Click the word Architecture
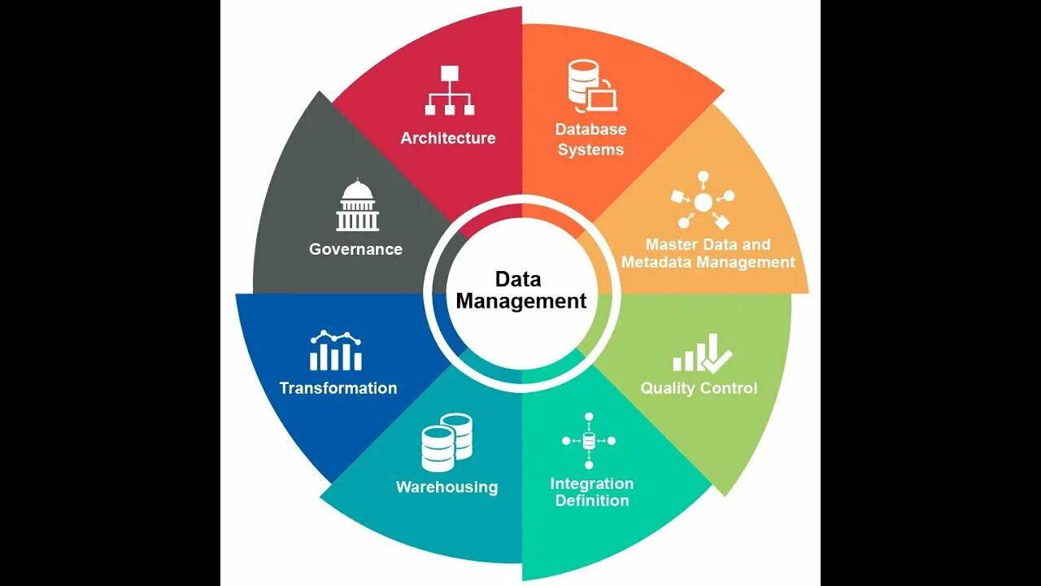pyautogui.click(x=448, y=138)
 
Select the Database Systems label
pyautogui.click(x=590, y=139)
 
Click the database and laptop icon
pyautogui.click(x=591, y=86)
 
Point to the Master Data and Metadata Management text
pyautogui.click(x=707, y=253)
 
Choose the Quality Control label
pyautogui.click(x=699, y=388)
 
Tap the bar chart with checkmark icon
pyautogui.click(x=702, y=353)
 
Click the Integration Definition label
pyautogui.click(x=591, y=492)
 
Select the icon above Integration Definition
pyautogui.click(x=589, y=440)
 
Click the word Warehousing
pyautogui.click(x=446, y=488)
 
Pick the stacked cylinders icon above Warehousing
pyautogui.click(x=446, y=442)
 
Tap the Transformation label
pyautogui.click(x=338, y=388)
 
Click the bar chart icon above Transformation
pyautogui.click(x=336, y=351)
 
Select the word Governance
pyautogui.click(x=355, y=249)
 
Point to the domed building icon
pyautogui.click(x=358, y=206)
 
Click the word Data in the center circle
pyautogui.click(x=518, y=280)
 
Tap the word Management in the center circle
pyautogui.click(x=520, y=301)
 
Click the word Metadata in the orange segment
pyautogui.click(x=651, y=262)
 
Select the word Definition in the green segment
pyautogui.click(x=591, y=501)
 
